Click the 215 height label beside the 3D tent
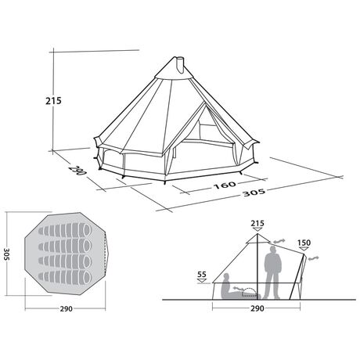[53, 101]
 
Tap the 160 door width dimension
[225, 185]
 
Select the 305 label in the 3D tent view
[254, 193]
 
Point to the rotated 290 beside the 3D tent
[77, 170]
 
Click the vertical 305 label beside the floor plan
[7, 254]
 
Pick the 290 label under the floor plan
[67, 309]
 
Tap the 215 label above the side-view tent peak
[257, 223]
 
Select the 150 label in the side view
[304, 243]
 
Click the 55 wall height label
[202, 275]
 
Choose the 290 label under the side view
[257, 308]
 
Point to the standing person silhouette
[273, 272]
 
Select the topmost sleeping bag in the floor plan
[65, 230]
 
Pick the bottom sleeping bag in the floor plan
[65, 277]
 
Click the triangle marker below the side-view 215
[257, 229]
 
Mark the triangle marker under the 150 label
[304, 249]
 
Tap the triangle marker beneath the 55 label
[202, 281]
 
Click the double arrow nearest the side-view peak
[279, 241]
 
